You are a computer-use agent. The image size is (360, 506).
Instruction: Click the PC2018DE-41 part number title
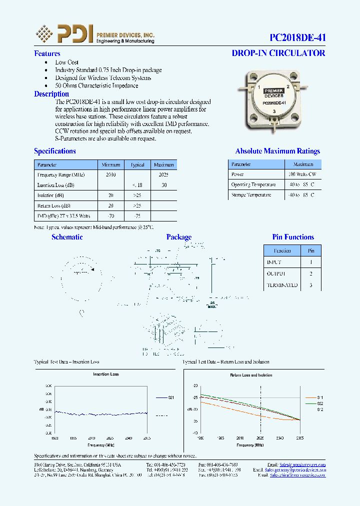tap(297, 38)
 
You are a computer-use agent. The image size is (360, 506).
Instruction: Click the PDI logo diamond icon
tap(44, 33)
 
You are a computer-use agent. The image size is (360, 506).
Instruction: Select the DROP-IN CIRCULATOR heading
tap(278, 53)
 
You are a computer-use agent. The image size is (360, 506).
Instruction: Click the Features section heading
tap(47, 53)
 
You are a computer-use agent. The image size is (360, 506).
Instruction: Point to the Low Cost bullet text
tap(67, 62)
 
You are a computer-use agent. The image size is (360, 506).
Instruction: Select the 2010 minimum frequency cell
tap(111, 174)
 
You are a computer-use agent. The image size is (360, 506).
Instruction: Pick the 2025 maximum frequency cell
tap(163, 174)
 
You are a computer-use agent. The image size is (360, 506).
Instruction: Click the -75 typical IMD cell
tap(137, 216)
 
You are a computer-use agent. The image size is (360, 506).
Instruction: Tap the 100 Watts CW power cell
tap(302, 174)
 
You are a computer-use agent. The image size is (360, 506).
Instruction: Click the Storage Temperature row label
tap(251, 195)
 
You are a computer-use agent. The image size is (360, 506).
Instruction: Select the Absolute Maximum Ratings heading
tap(277, 151)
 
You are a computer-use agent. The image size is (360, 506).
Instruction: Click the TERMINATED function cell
tap(282, 285)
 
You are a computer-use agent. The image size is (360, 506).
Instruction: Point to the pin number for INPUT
tap(311, 262)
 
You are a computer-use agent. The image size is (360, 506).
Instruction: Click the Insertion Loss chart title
tap(106, 374)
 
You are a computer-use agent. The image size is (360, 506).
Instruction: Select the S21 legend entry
tap(170, 397)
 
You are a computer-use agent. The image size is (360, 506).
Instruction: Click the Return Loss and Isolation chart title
tap(251, 374)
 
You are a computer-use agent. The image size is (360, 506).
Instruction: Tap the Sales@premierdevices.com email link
tap(303, 464)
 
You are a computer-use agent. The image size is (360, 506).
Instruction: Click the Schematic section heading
tap(67, 237)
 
